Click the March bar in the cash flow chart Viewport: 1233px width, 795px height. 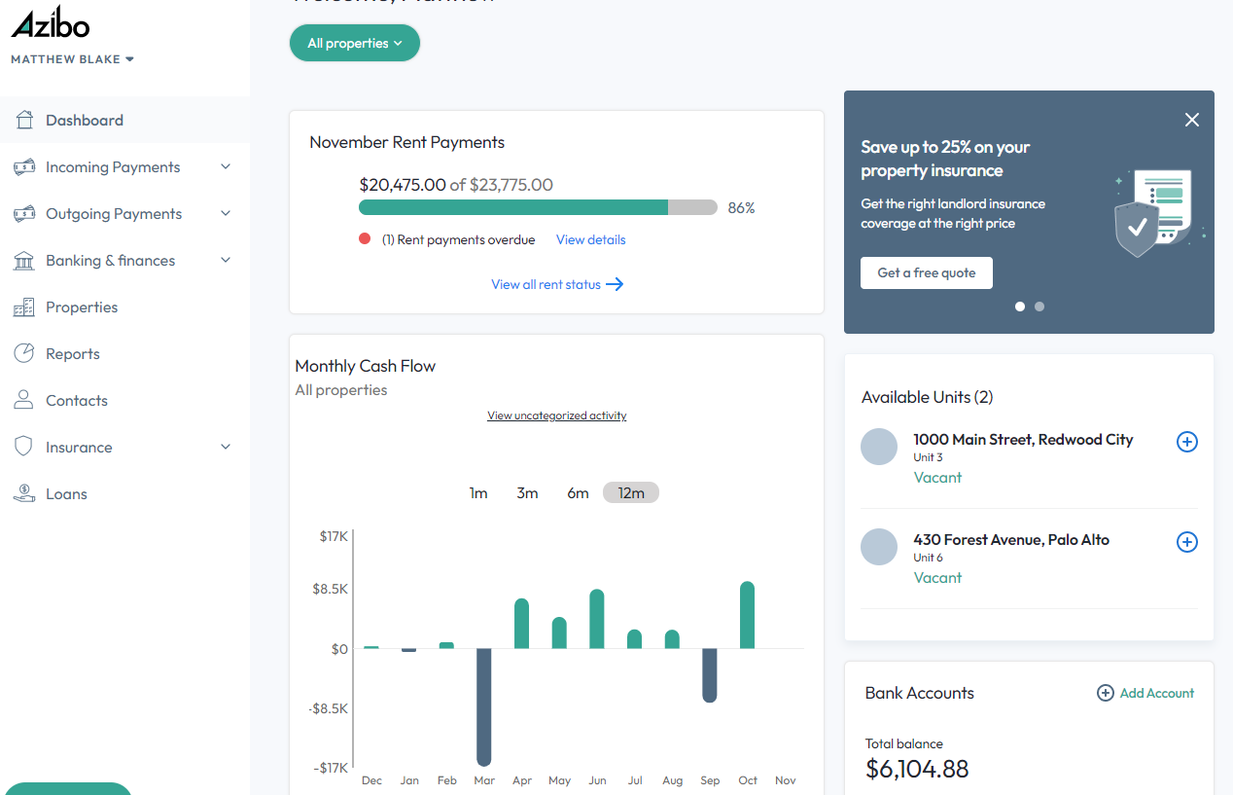coord(483,706)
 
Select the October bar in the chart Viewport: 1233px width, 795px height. coord(747,615)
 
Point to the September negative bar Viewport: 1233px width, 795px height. coord(710,675)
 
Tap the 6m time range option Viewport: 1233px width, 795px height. coord(578,493)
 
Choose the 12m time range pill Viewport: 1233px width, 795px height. coord(631,493)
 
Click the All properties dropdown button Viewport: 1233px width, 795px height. coord(354,43)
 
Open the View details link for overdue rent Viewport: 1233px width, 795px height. coord(590,239)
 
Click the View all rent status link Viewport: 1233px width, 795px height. coord(557,284)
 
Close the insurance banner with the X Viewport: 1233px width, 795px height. coord(1192,120)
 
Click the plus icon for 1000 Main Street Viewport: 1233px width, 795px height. coord(1186,442)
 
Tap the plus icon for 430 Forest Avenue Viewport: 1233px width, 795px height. coord(1186,542)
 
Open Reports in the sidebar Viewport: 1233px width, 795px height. coord(73,354)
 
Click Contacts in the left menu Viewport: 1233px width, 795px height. coord(77,401)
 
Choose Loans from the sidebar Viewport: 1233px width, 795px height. coord(66,494)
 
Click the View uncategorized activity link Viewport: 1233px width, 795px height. coord(556,416)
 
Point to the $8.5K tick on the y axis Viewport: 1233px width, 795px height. coord(331,589)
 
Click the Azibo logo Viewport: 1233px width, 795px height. coord(51,24)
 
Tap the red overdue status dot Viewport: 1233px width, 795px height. coord(365,238)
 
